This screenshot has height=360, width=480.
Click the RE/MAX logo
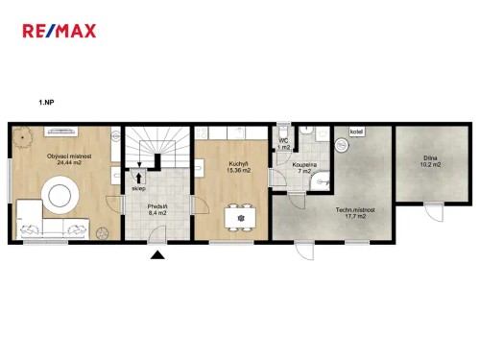click(x=59, y=31)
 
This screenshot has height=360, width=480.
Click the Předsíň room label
click(x=157, y=206)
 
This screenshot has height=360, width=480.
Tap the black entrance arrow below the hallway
click(x=157, y=254)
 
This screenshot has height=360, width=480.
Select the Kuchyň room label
click(x=239, y=164)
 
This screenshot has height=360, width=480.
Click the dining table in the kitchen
click(x=241, y=217)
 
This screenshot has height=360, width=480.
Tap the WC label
click(x=283, y=141)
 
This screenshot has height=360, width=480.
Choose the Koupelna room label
click(x=306, y=164)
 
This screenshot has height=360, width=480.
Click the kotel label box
click(x=356, y=132)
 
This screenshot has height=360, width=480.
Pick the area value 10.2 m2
click(x=431, y=165)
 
